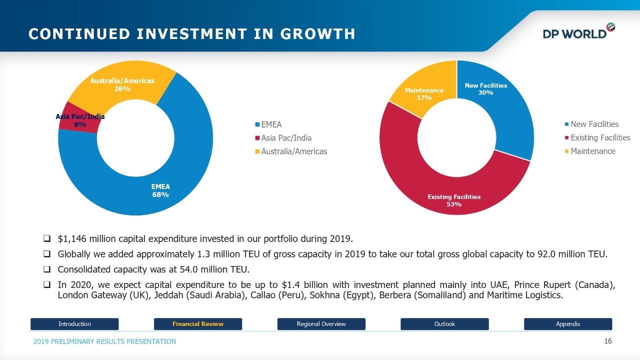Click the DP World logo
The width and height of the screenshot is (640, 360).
point(579,31)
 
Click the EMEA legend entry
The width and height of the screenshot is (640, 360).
point(268,124)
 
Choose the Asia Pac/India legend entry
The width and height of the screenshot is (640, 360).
point(283,138)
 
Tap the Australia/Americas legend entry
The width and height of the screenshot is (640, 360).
point(291,151)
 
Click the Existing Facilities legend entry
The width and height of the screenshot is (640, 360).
point(597,137)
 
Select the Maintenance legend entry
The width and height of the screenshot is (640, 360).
point(590,151)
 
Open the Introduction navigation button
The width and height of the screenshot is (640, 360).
point(74,324)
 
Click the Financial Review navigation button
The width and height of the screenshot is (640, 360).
point(198,324)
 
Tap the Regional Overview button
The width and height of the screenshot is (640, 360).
point(321,324)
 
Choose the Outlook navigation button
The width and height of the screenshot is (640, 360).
point(444,324)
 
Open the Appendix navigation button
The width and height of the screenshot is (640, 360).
point(568,324)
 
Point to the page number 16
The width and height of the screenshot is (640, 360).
point(608,341)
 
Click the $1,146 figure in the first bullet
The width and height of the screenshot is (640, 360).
point(72,238)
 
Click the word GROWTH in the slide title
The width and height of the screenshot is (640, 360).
point(317,33)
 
